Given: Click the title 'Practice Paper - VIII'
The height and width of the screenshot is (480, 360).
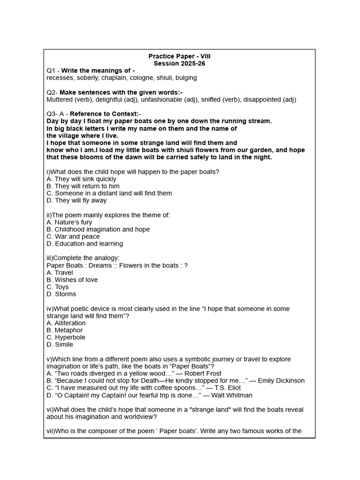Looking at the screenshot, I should click(x=180, y=56).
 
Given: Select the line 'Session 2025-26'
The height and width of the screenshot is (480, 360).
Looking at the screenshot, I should click(x=180, y=63).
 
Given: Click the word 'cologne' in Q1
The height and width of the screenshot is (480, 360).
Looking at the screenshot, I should click(x=144, y=78).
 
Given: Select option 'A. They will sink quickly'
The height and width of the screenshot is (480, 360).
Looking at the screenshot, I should click(x=82, y=179).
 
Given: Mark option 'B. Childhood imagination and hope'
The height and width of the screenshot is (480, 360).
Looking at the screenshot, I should click(x=98, y=229).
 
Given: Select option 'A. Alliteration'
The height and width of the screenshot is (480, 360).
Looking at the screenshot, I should click(x=66, y=323).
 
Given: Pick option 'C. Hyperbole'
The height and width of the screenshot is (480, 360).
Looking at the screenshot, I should click(x=66, y=337).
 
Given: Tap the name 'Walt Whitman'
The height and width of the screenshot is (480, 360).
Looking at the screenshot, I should click(x=232, y=395).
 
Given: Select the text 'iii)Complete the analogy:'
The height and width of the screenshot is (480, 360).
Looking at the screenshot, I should click(x=83, y=258).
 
